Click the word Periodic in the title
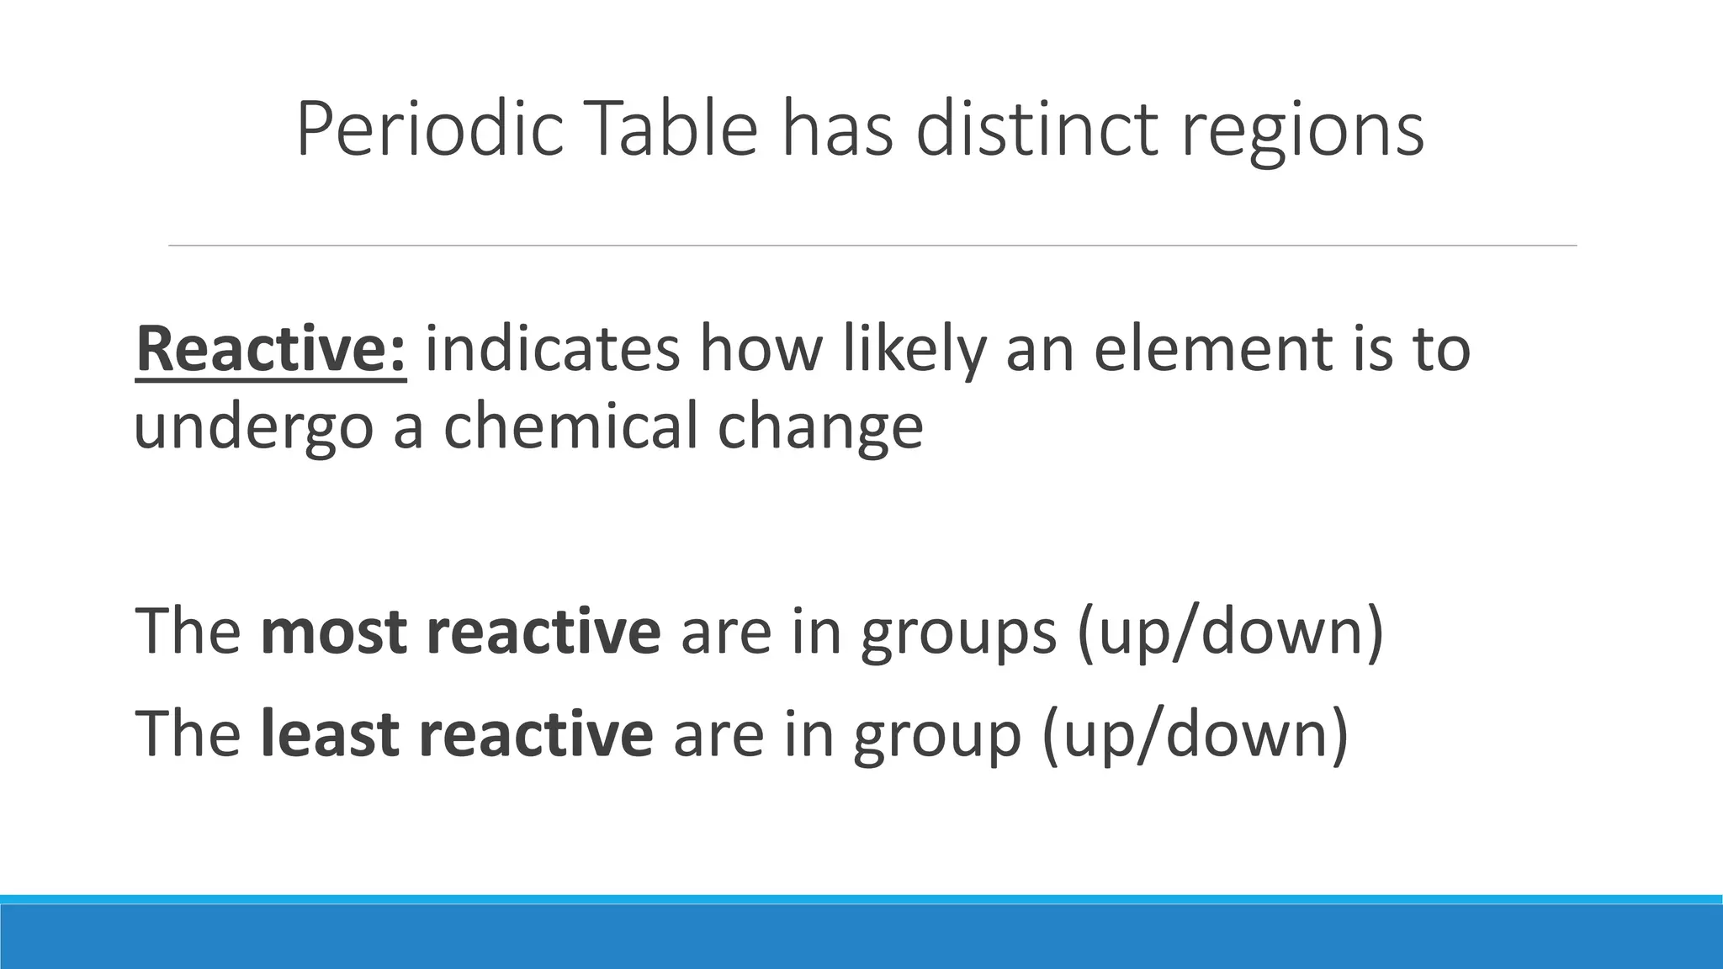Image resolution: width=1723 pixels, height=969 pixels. (429, 130)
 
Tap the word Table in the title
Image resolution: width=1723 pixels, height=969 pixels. (670, 130)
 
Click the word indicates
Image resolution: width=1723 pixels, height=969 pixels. (552, 348)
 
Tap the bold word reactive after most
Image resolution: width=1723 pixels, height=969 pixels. (543, 631)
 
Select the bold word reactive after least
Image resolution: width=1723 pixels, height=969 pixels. (535, 732)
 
